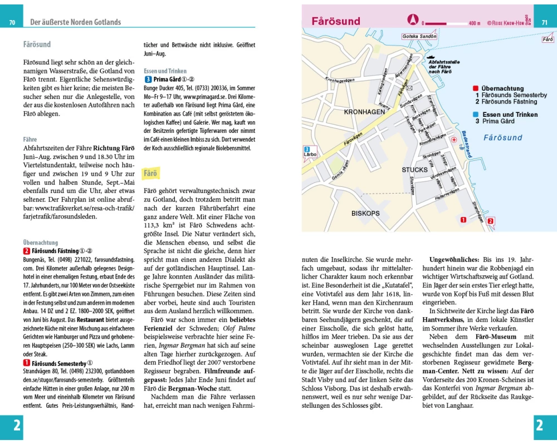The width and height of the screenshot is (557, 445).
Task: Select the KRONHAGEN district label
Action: pyautogui.click(x=365, y=112)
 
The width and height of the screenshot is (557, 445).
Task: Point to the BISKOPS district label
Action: pyautogui.click(x=365, y=213)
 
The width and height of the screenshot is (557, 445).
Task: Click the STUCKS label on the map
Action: pyautogui.click(x=414, y=169)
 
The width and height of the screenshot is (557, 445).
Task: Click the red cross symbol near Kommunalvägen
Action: pyautogui.click(x=453, y=140)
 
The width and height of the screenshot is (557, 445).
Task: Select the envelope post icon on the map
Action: pyautogui.click(x=409, y=88)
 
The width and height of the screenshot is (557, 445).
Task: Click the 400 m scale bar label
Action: pyautogui.click(x=474, y=23)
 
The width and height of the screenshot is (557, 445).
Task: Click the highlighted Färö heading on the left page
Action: pyautogui.click(x=150, y=174)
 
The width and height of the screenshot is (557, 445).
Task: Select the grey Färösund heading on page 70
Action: pyautogui.click(x=37, y=44)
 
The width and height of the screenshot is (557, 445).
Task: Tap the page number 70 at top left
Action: pyautogui.click(x=12, y=23)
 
